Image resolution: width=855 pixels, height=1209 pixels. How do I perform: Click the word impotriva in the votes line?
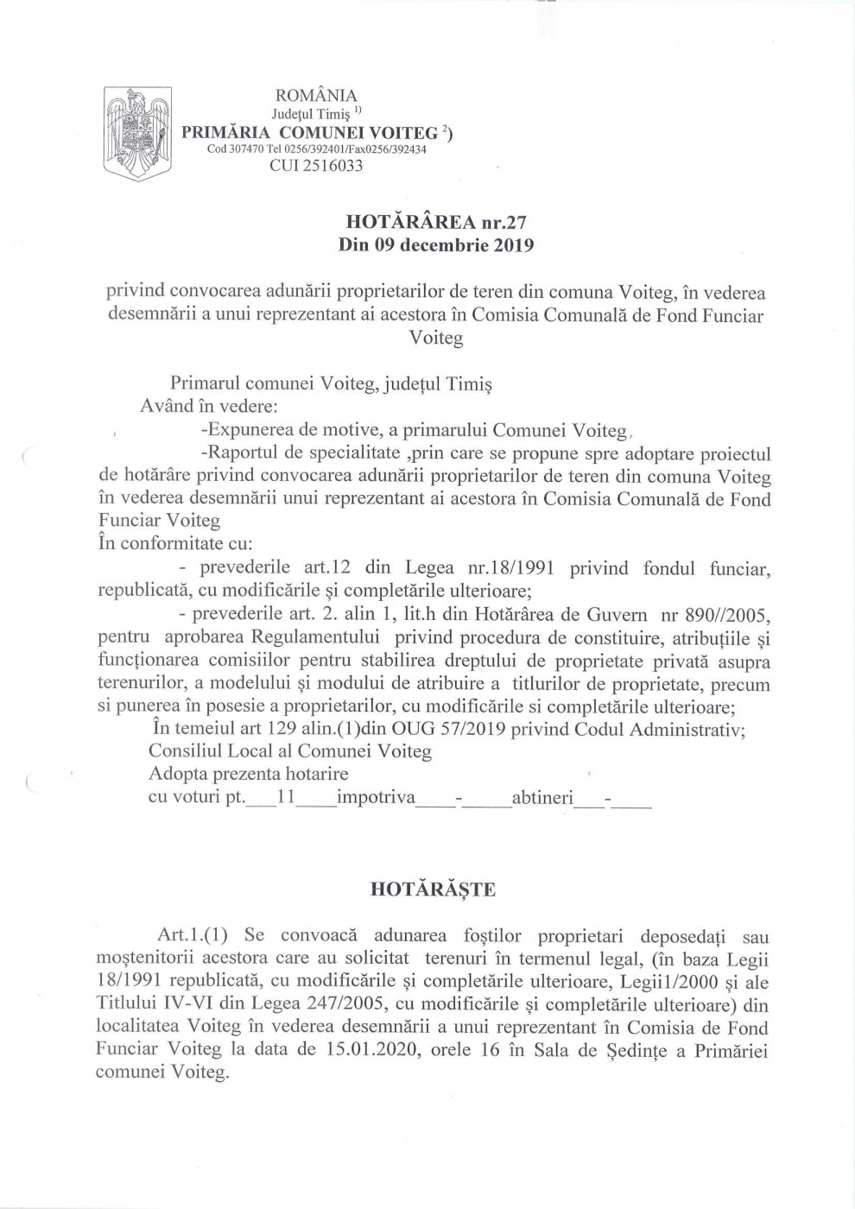[377, 796]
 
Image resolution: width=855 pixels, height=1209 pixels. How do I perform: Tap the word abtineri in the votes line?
[542, 796]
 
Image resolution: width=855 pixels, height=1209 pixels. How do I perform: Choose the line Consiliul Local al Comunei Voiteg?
[289, 751]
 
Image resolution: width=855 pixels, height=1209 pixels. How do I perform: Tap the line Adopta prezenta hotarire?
[249, 774]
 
